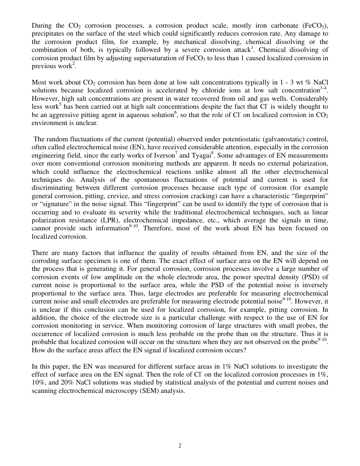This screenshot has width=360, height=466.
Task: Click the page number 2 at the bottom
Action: [x=180, y=446]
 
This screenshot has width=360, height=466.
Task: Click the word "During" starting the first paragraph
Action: [x=41, y=26]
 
